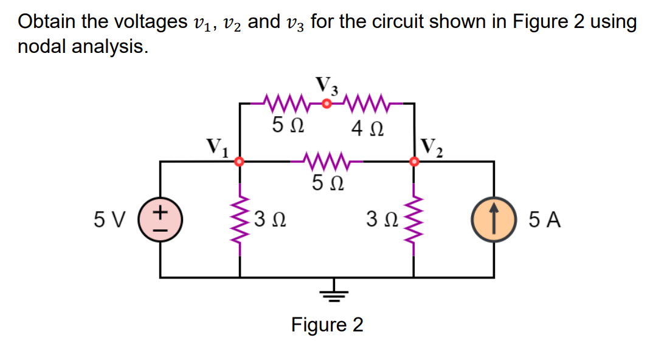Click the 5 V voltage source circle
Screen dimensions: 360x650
coord(161,219)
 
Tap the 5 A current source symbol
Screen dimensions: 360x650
coord(493,219)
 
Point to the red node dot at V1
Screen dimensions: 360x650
coord(240,162)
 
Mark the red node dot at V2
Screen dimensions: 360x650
coord(415,162)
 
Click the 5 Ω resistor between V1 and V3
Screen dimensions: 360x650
coord(285,103)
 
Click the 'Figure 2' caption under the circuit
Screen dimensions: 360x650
coord(327,325)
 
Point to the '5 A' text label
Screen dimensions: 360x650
coord(544,220)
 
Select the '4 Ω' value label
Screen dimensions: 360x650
coord(367,129)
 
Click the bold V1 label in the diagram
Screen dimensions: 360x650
coord(216,148)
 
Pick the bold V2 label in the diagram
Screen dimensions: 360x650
coord(433,148)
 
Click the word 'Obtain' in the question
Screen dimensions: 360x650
coord(49,22)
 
